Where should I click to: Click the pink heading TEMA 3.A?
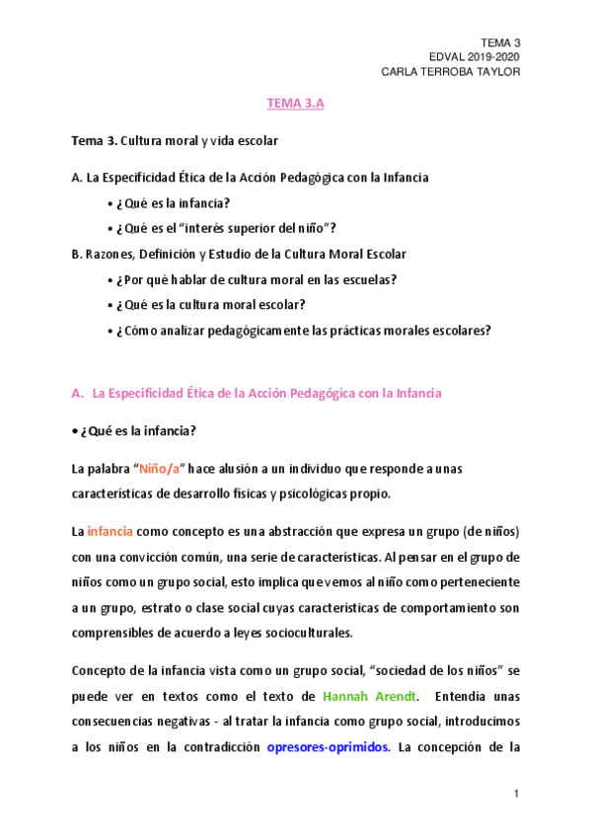(295, 102)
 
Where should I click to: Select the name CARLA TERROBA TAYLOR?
(450, 72)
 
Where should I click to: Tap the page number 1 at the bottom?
(516, 794)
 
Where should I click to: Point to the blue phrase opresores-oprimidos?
(329, 747)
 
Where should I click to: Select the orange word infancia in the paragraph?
(110, 531)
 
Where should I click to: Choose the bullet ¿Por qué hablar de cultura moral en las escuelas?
(251, 279)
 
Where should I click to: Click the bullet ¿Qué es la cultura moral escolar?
(210, 305)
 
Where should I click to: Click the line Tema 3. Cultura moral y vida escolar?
(175, 141)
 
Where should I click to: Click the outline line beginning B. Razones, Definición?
(239, 254)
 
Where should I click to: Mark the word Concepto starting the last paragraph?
(101, 671)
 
